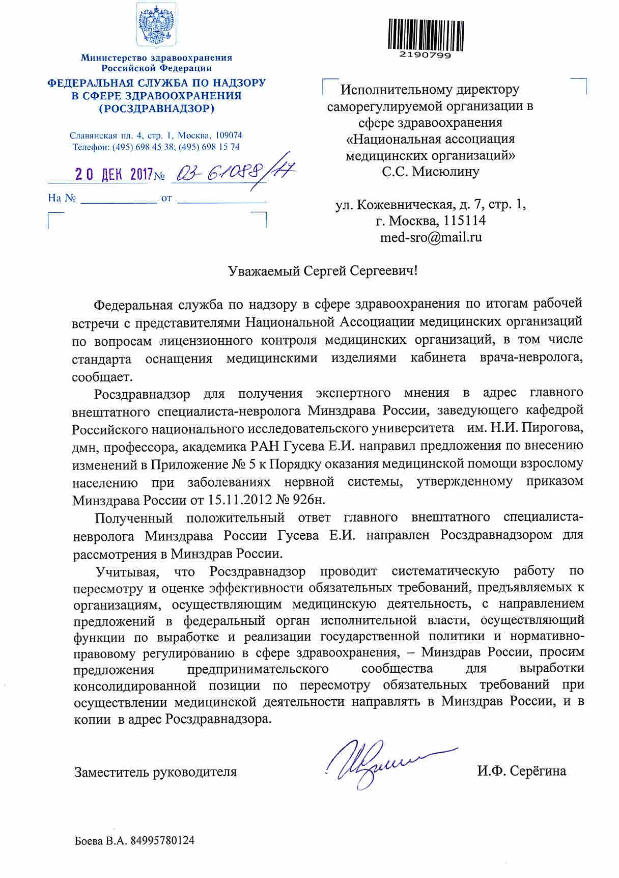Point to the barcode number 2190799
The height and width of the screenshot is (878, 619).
(x=426, y=55)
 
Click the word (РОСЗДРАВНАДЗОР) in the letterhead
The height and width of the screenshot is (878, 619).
(x=156, y=108)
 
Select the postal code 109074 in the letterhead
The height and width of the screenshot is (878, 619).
(x=229, y=135)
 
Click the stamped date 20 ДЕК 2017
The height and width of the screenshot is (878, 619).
(x=114, y=175)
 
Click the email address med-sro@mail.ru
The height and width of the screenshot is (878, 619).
(x=431, y=237)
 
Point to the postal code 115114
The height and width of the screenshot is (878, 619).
(x=464, y=221)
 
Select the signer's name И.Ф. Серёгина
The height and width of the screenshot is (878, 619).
(x=521, y=771)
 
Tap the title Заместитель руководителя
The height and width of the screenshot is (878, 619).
(x=156, y=772)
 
